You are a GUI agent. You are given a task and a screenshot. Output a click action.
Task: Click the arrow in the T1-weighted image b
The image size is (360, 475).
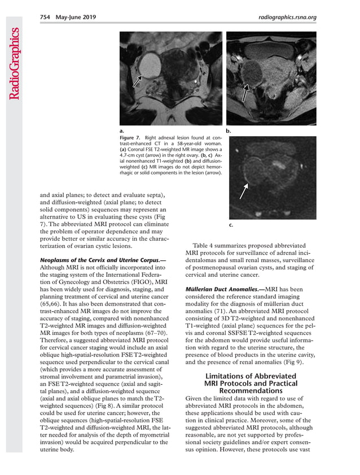coord(245,93)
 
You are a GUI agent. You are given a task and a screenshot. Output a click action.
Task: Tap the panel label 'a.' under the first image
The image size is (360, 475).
coord(122,130)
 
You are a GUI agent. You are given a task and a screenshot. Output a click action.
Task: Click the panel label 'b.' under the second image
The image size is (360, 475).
coord(229,130)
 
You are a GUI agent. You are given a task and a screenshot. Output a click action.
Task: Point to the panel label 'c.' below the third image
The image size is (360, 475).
coord(231,225)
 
